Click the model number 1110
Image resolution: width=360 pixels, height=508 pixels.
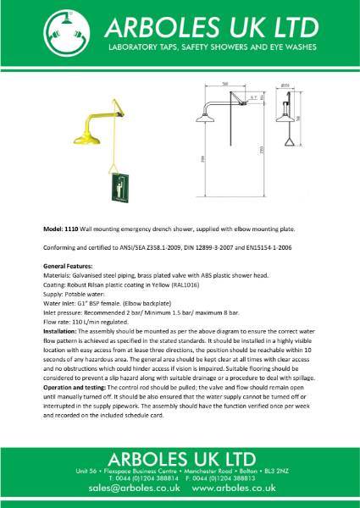pos(72,229)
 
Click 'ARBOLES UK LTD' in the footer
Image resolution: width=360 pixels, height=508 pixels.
pos(180,456)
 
